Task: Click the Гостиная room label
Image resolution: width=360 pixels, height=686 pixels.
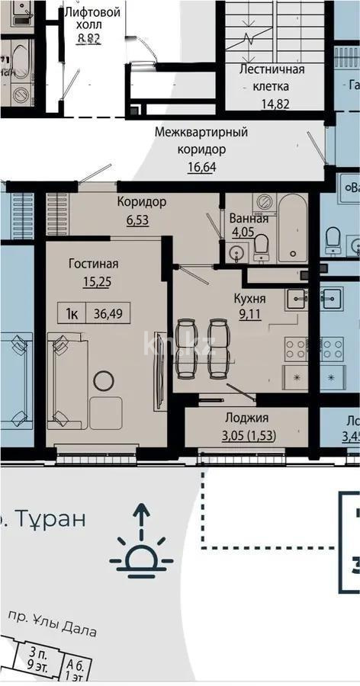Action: point(93,264)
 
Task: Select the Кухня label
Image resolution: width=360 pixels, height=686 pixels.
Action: point(249,298)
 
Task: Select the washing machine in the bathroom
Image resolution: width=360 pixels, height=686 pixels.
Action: point(265,202)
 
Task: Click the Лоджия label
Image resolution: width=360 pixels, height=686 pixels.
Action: point(246,418)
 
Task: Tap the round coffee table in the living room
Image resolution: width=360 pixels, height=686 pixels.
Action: point(103,380)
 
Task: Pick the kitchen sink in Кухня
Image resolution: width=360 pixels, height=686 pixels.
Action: point(296,299)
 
